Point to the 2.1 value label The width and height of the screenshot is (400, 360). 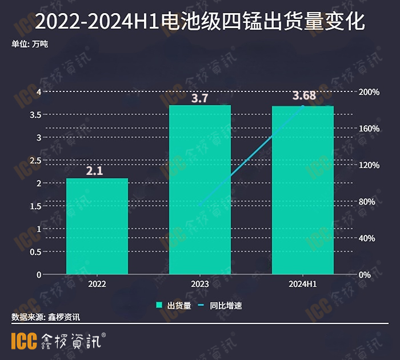[97, 170]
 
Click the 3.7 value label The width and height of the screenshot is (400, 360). [199, 98]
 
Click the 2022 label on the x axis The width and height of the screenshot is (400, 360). [97, 284]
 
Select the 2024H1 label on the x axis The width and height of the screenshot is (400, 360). [303, 284]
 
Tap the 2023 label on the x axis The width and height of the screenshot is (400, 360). [200, 284]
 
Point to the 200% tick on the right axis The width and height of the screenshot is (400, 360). [369, 92]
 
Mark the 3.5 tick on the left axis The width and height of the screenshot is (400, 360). [34, 115]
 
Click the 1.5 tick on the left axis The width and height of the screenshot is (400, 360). [34, 206]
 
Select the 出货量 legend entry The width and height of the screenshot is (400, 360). [174, 306]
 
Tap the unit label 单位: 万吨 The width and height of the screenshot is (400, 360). [30, 43]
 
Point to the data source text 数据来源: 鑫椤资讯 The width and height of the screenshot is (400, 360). [46, 317]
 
